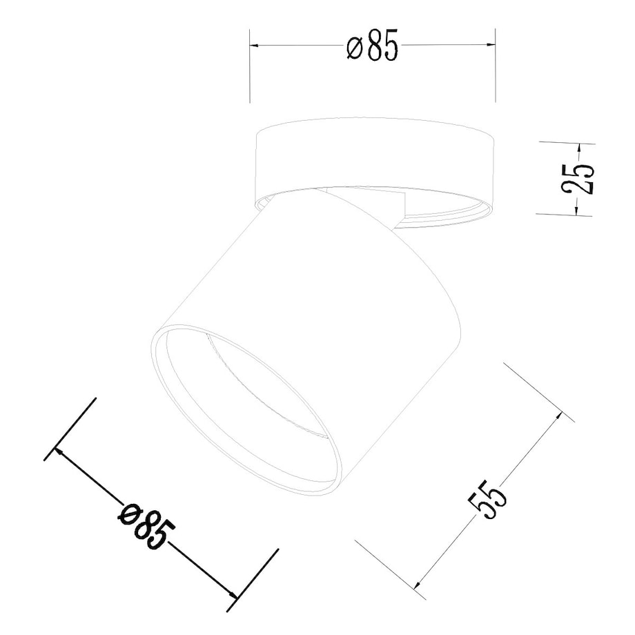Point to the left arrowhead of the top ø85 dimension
coord(254,46)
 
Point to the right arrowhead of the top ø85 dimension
coord(491,46)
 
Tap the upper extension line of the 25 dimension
coord(563,143)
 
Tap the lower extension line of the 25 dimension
coord(563,215)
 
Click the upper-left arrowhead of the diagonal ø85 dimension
coord(59,450)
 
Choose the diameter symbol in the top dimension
coord(354,48)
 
